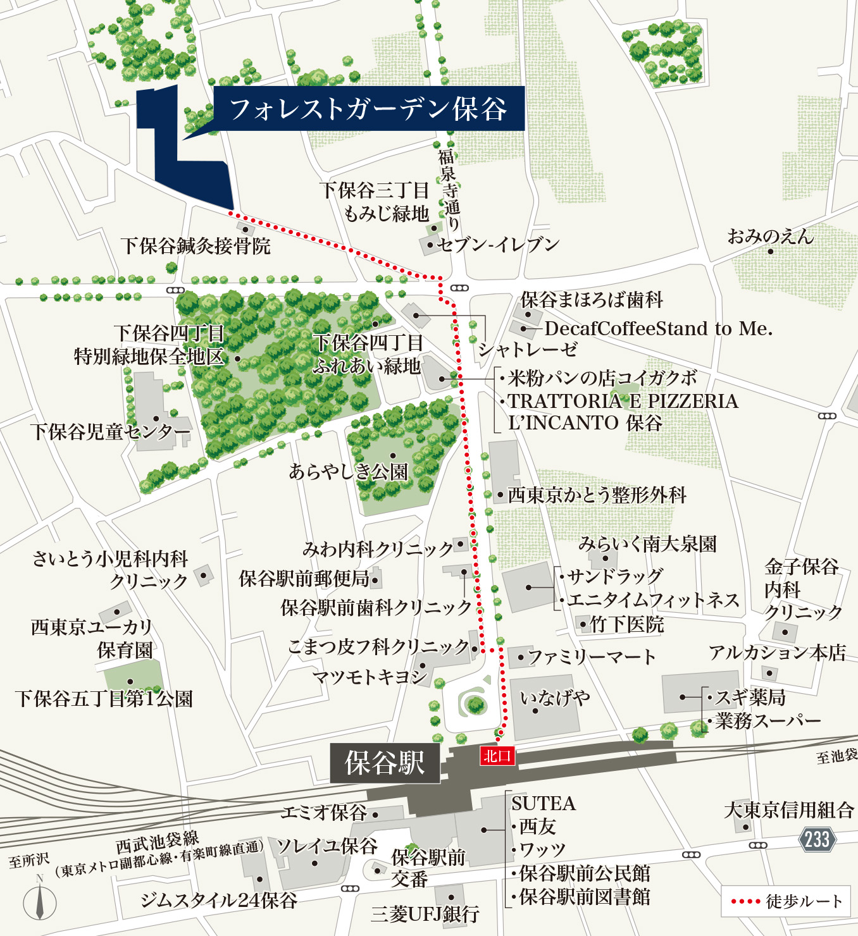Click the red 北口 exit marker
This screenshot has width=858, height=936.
[497, 756]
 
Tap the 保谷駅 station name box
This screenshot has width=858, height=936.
[385, 763]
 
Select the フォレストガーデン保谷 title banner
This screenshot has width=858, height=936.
[368, 109]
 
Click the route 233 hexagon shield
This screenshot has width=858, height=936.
[818, 839]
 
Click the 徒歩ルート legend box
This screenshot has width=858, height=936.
[786, 901]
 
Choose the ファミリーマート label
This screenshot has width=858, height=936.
[592, 657]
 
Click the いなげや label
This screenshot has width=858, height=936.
[555, 698]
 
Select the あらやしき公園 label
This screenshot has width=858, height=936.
[349, 472]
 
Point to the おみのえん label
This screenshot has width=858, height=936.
[770, 237]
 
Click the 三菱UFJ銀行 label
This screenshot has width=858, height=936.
[425, 914]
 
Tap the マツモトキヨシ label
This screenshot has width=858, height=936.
[371, 677]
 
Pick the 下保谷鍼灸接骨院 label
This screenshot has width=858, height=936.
[196, 245]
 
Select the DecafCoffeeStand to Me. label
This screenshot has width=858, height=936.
[658, 329]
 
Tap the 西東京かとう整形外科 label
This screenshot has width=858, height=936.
[597, 495]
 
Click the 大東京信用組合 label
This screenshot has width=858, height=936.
[788, 810]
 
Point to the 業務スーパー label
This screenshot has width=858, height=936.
[768, 721]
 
